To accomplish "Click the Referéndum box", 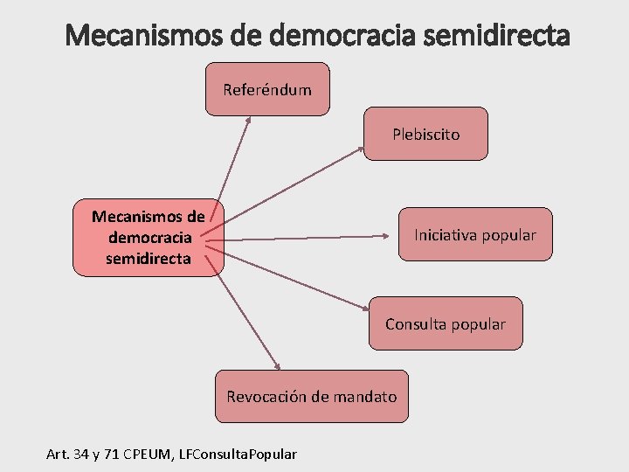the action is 267,89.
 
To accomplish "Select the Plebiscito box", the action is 425,134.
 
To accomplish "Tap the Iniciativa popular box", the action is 475,234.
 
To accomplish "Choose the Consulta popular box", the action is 445,323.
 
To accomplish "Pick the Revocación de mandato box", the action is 311,396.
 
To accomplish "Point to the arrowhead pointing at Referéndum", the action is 248,120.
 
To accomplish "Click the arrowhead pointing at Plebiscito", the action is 360,150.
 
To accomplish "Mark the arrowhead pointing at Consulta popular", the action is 367,308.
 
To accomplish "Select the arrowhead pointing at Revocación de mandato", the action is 277,368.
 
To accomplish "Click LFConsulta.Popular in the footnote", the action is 237,454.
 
